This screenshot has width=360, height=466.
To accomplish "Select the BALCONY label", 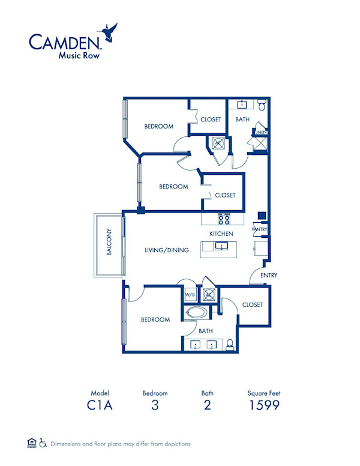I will [109, 243].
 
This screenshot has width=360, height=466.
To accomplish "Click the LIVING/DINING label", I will [167, 250].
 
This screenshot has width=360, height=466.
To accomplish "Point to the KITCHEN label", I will [221, 234].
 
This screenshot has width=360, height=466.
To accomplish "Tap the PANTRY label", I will [260, 229].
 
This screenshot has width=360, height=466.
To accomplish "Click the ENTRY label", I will [268, 276].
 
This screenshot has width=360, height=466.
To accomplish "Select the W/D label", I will [190, 295].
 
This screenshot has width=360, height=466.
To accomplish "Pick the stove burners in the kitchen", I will [224, 219].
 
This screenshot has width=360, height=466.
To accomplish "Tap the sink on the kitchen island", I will [220, 246].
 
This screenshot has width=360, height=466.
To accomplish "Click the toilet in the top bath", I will [262, 106].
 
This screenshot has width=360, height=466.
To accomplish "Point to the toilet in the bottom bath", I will [229, 344].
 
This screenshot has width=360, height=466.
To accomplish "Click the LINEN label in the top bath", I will [260, 132].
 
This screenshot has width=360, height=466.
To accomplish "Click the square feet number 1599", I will [265, 405].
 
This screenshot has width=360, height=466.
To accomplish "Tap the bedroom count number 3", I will [155, 405].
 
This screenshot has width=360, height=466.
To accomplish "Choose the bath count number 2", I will [207, 405].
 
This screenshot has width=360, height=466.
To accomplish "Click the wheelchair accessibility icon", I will [43, 444].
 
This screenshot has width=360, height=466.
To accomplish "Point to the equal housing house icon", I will [31, 444].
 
